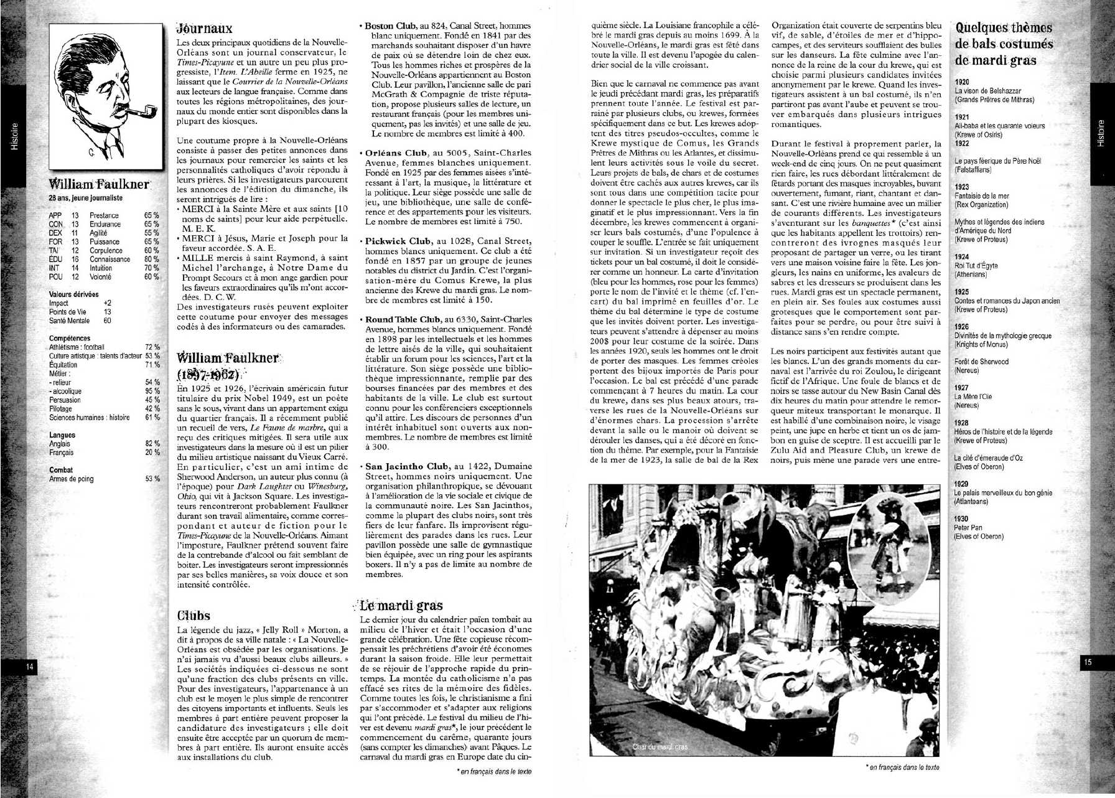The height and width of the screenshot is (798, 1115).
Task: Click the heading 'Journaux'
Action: pos(204,28)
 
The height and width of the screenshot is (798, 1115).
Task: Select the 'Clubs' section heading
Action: pos(194,616)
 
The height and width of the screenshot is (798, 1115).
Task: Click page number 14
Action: pos(29,666)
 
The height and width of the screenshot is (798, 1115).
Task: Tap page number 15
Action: pos(1087,662)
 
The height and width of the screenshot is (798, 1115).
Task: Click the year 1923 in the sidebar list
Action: pos(962,187)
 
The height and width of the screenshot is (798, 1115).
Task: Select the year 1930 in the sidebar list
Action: pos(962,519)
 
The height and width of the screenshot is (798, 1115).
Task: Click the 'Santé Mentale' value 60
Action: pos(108,321)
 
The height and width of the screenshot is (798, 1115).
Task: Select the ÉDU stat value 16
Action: pos(75,259)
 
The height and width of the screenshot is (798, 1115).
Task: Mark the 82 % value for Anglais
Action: pos(152,444)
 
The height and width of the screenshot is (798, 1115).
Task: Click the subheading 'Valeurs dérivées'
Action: pos(73,294)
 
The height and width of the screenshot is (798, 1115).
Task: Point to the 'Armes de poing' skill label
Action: pos(72,479)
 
